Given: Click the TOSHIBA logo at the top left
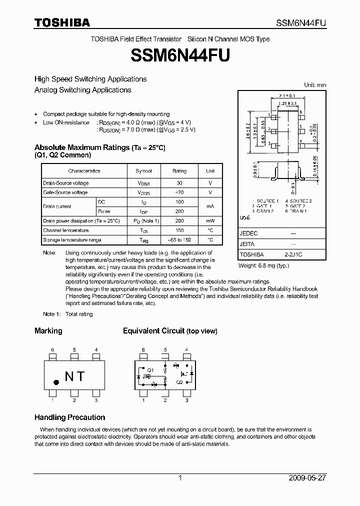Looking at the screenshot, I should [62, 22].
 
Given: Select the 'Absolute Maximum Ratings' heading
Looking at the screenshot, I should [82, 147].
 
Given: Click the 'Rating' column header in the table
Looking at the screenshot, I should [179, 171].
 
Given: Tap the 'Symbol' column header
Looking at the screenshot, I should [143, 171].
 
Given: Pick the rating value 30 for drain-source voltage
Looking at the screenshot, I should [179, 183].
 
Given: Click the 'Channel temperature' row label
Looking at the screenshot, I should [65, 230].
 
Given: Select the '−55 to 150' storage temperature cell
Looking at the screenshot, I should [179, 240].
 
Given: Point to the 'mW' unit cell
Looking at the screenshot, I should [210, 220].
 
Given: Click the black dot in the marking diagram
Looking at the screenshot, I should [56, 382].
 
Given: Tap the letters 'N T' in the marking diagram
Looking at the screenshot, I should [74, 376].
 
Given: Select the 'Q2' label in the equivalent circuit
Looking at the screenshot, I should [179, 382].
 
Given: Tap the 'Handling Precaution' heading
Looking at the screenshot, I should [69, 417].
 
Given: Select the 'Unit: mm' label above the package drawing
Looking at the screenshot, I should [315, 85].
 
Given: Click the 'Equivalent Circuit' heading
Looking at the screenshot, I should [153, 331].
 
